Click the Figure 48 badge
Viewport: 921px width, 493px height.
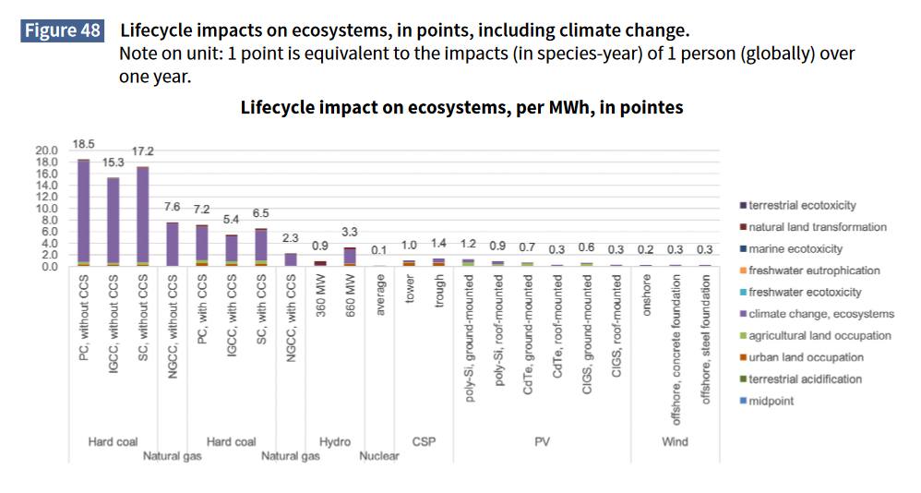click(x=63, y=30)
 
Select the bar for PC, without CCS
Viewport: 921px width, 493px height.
click(x=83, y=212)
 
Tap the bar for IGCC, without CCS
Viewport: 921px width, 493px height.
click(x=113, y=222)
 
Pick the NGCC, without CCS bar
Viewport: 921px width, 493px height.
click(x=173, y=245)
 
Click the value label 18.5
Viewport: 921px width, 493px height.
click(x=84, y=145)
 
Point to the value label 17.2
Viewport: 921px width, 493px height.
click(x=142, y=150)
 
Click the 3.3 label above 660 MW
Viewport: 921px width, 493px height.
click(x=350, y=232)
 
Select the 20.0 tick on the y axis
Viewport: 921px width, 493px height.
click(x=46, y=150)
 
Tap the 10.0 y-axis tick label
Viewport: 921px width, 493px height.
click(x=46, y=209)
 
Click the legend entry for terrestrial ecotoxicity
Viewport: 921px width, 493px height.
click(x=803, y=205)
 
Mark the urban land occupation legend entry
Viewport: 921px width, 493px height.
click(x=806, y=357)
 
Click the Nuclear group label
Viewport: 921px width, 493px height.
click(x=378, y=456)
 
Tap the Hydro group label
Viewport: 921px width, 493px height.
click(x=334, y=442)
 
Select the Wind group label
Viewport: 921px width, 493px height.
click(x=675, y=442)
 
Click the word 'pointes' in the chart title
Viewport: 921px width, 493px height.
click(x=650, y=107)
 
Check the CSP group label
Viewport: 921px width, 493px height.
click(x=423, y=442)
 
